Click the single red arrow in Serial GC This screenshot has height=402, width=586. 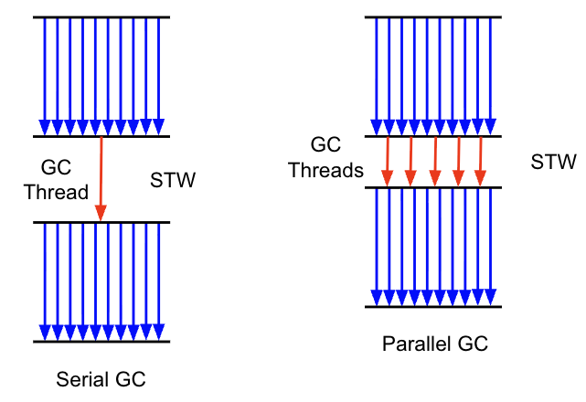101,179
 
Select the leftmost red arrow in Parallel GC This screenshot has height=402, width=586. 388,163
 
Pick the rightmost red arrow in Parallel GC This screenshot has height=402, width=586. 479,163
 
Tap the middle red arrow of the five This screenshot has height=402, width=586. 433,163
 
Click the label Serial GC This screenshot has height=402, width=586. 101,377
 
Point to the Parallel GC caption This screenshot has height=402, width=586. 435,344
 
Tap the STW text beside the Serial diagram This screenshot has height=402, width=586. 173,180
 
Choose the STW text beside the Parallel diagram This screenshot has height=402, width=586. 553,163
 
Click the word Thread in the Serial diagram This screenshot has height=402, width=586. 56,192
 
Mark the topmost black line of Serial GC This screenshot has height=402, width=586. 101,17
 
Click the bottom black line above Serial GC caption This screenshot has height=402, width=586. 101,342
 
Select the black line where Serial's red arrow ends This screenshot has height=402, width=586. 101,222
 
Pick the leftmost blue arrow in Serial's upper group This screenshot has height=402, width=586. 44,73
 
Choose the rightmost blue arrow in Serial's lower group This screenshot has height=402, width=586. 160,279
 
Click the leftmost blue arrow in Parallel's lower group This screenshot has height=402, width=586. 377,247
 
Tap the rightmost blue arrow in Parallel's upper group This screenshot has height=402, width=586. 491,73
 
